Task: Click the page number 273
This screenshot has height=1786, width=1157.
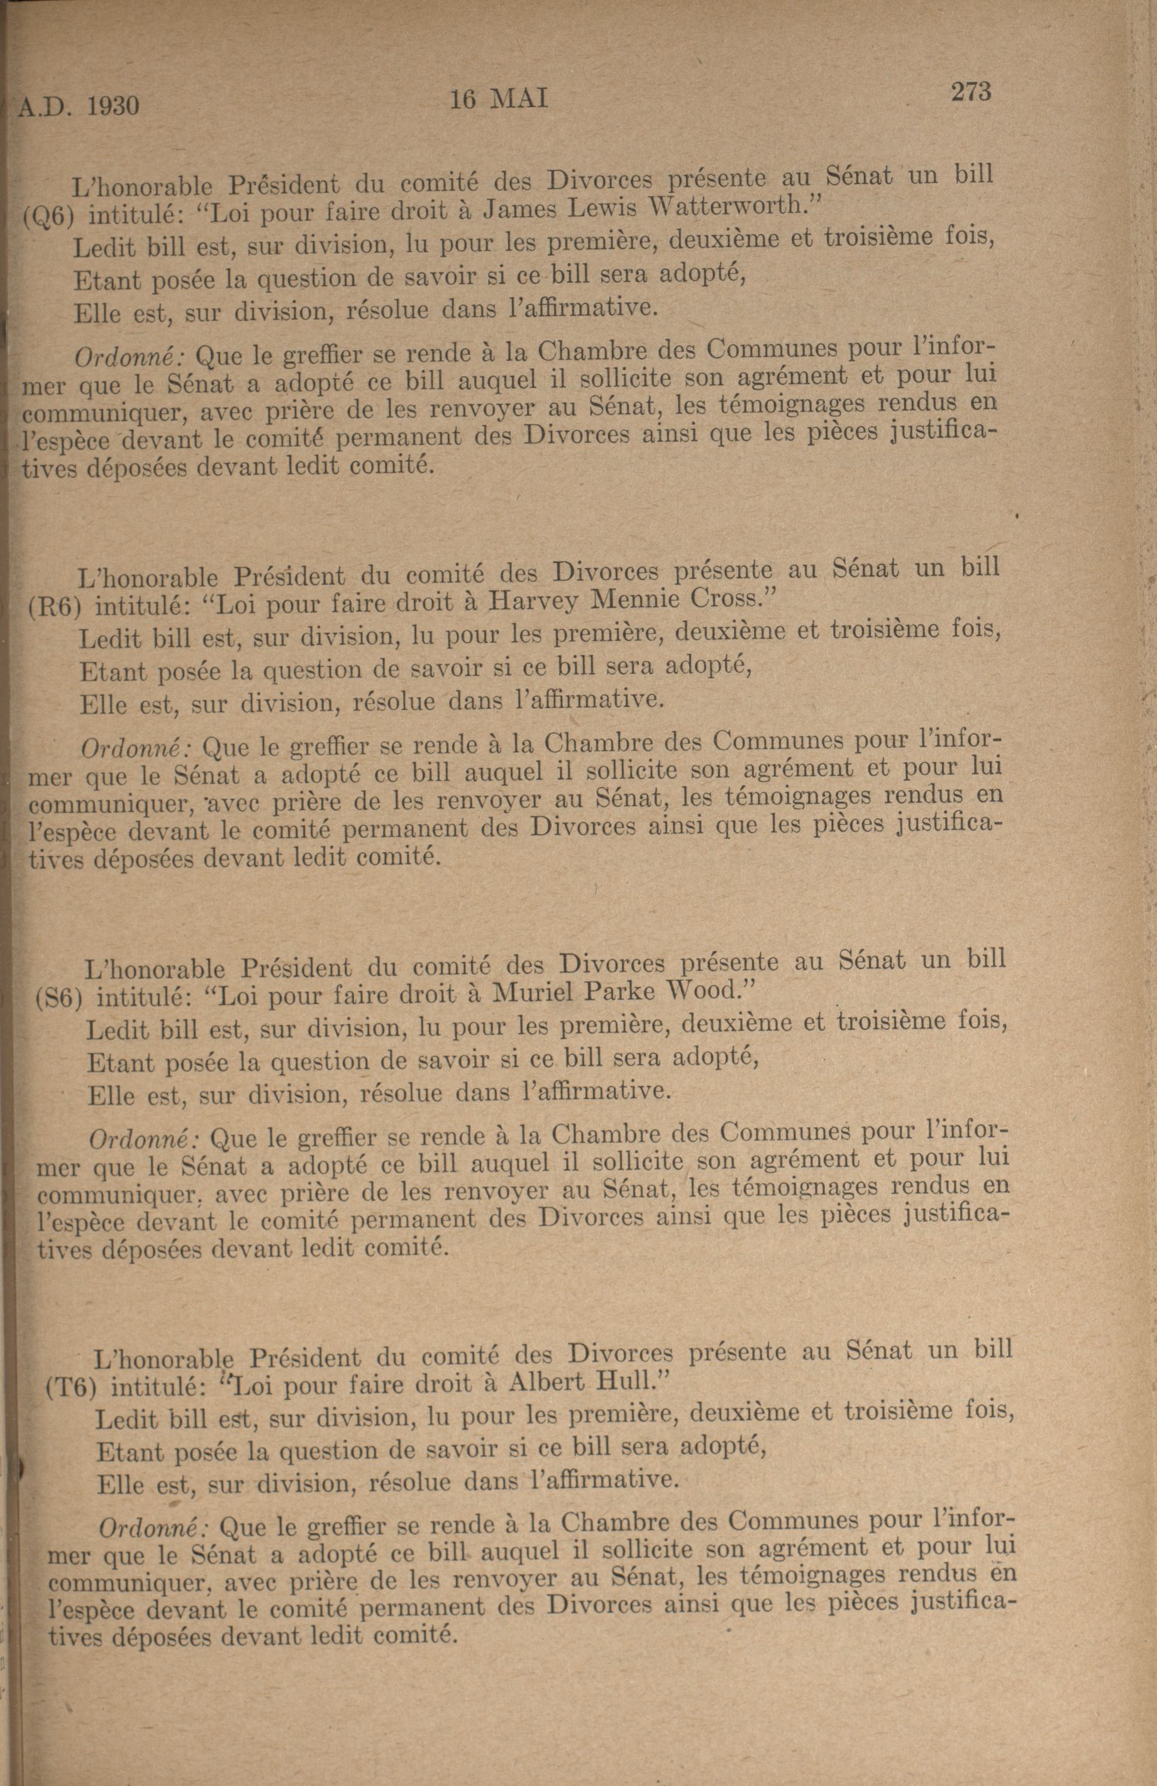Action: point(971,92)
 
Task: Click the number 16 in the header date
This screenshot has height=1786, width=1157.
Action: point(463,100)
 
